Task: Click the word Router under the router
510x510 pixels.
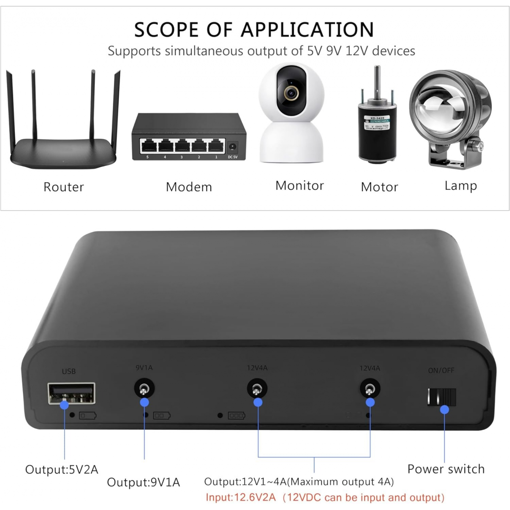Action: (x=64, y=187)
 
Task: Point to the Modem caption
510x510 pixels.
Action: (x=189, y=187)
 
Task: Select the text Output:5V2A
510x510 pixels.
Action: (x=61, y=470)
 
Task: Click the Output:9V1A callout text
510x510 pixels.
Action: (x=144, y=482)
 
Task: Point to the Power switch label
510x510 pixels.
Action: (x=446, y=469)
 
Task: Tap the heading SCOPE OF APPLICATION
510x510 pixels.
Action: (x=254, y=29)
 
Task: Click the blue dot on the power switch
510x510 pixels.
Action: (x=444, y=409)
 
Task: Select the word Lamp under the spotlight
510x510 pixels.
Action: (x=460, y=186)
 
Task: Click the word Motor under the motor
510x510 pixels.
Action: (x=379, y=187)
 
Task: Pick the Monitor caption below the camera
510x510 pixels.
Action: (x=299, y=186)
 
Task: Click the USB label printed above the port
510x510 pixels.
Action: (x=68, y=371)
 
